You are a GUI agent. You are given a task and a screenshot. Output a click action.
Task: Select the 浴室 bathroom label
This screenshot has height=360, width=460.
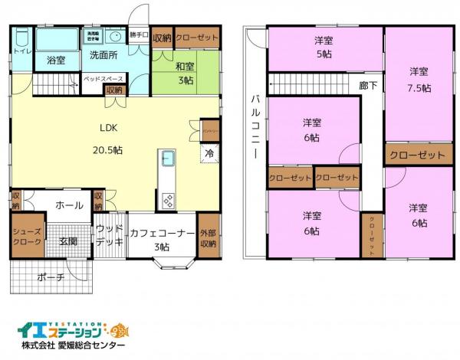click(55, 59)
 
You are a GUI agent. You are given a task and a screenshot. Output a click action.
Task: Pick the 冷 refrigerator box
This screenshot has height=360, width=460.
click(209, 153)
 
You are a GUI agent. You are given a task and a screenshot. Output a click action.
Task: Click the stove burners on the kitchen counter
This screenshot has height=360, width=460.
click(169, 200)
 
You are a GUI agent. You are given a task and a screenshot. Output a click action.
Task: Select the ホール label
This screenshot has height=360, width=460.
click(69, 205)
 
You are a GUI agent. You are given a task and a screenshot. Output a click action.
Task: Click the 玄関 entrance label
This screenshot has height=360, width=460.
click(68, 241)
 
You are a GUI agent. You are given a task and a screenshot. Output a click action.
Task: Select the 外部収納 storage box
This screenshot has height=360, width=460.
click(208, 239)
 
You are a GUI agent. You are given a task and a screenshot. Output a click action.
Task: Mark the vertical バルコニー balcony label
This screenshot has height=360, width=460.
click(253, 127)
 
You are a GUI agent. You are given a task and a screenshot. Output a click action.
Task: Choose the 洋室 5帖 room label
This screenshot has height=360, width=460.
click(325, 47)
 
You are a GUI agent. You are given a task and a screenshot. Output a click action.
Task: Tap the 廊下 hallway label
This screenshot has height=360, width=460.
click(368, 86)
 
